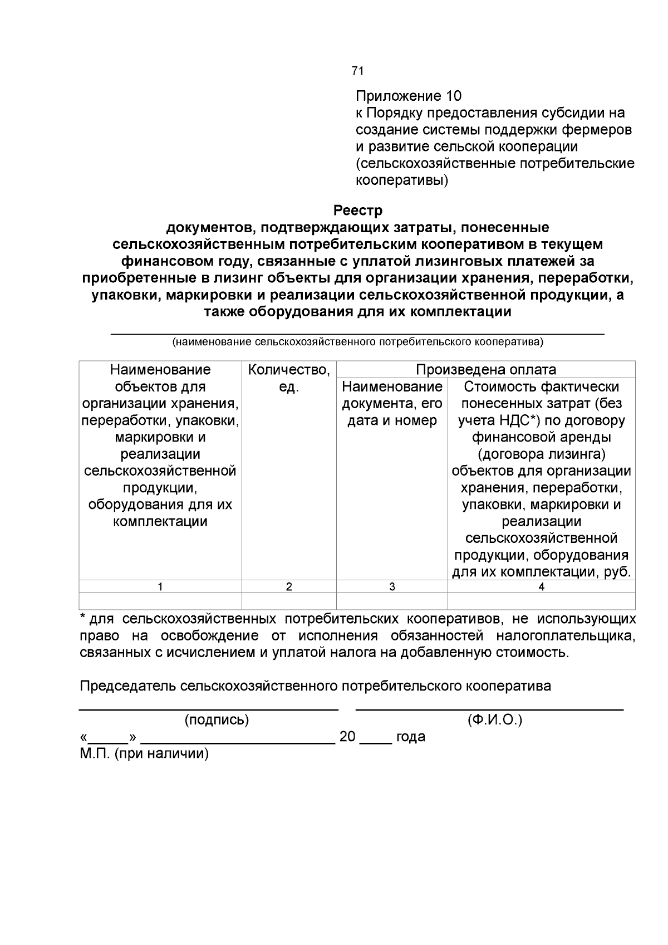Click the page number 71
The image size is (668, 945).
[x=357, y=71]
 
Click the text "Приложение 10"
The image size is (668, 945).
[x=409, y=96]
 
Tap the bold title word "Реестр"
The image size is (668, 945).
[x=357, y=211]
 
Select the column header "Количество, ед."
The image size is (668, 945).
[x=288, y=378]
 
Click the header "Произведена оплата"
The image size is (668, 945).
[x=485, y=370]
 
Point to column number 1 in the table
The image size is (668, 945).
[x=160, y=586]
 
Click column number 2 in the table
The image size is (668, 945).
[x=288, y=586]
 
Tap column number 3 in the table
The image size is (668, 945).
[x=392, y=586]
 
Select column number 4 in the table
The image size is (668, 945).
[x=541, y=586]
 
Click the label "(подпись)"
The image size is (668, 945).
[x=217, y=720]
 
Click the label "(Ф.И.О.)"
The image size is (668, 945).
[x=495, y=720]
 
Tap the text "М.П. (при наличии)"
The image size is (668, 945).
[x=144, y=754]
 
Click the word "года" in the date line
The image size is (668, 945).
[x=410, y=737]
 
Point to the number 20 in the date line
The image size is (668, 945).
[x=347, y=737]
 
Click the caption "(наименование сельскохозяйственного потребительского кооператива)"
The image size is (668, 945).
[x=357, y=342]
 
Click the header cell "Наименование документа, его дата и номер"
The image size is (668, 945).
[x=392, y=403]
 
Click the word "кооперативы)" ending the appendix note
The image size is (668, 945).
[x=401, y=180]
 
